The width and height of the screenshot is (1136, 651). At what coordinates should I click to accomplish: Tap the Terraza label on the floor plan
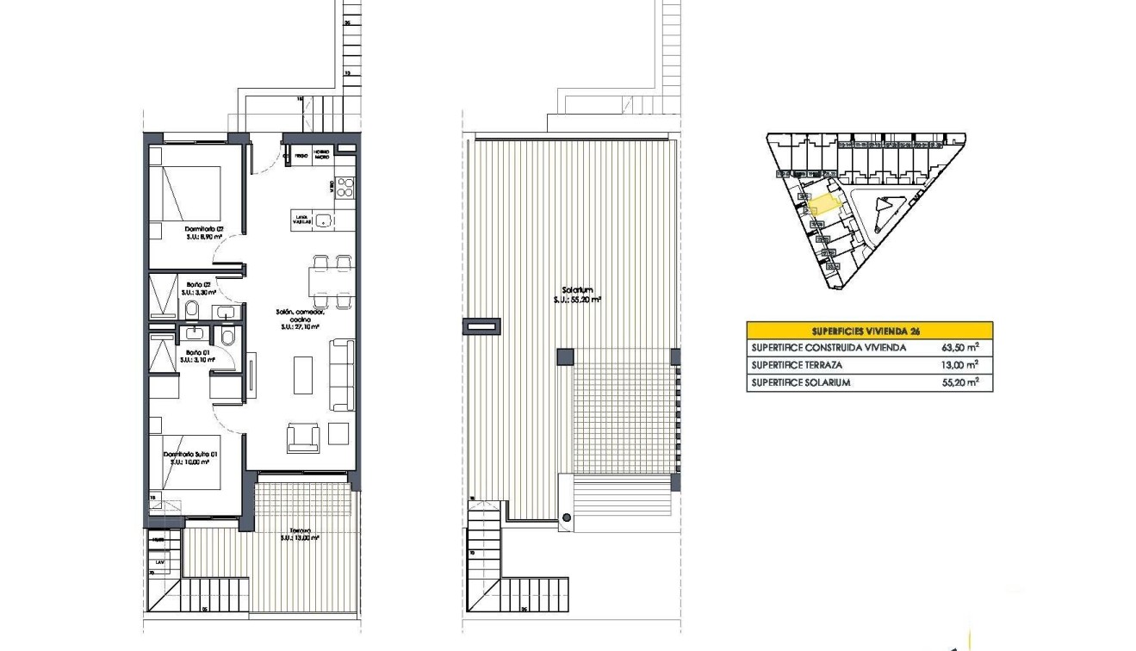299,534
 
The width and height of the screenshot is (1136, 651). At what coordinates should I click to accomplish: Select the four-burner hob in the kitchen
345,186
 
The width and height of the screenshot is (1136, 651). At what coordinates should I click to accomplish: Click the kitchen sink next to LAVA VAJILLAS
323,220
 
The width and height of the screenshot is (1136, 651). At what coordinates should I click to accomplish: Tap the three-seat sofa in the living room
342,375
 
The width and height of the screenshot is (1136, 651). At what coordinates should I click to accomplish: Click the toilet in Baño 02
192,309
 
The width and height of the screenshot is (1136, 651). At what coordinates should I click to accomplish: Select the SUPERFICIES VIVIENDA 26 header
868,330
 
